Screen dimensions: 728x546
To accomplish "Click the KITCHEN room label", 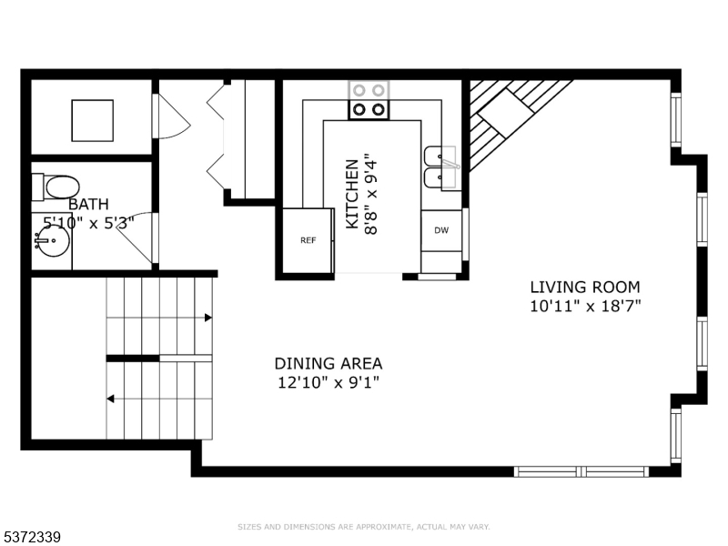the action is pyautogui.click(x=352, y=194).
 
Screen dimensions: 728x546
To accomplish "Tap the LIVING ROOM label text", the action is pyautogui.click(x=585, y=287).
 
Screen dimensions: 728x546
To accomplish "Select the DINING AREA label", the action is pyautogui.click(x=329, y=363).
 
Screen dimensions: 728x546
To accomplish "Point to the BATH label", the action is pyautogui.click(x=88, y=204).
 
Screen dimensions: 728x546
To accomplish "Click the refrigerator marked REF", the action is pyautogui.click(x=308, y=240).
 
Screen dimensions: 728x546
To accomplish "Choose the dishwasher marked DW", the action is pyautogui.click(x=441, y=230).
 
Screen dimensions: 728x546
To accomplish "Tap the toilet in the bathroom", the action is pyautogui.click(x=56, y=187).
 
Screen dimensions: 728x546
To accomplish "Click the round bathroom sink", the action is pyautogui.click(x=53, y=240).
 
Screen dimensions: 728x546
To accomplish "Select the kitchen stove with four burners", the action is pyautogui.click(x=369, y=100).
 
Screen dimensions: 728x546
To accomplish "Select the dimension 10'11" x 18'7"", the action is pyautogui.click(x=585, y=306).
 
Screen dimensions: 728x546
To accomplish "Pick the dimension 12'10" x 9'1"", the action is pyautogui.click(x=329, y=382).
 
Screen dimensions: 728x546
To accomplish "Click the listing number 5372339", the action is pyautogui.click(x=31, y=537).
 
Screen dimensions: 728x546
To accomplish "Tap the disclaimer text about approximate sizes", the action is pyautogui.click(x=363, y=527).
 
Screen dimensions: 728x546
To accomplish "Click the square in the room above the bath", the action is pyautogui.click(x=93, y=120).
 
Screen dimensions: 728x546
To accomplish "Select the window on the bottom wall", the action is pyautogui.click(x=581, y=471).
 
